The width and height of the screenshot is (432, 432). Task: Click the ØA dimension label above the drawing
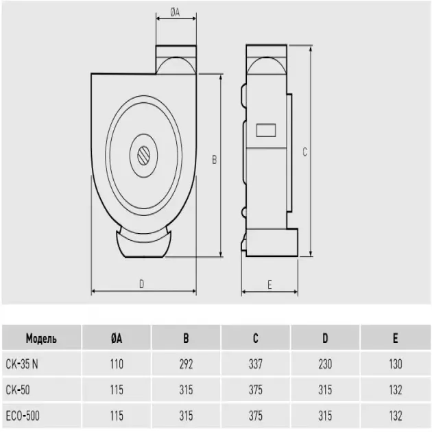(x=175, y=12)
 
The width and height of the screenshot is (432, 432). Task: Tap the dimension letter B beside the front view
(x=215, y=159)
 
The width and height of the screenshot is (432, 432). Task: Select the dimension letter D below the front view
(x=141, y=284)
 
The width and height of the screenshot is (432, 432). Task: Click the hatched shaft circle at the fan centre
(x=144, y=154)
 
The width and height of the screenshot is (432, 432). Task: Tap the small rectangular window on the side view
(x=265, y=129)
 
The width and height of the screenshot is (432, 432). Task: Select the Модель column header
(x=41, y=339)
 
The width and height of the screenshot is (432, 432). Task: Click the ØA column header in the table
(x=117, y=339)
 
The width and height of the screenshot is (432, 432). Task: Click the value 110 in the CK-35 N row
(x=117, y=364)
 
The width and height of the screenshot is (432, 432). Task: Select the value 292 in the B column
(x=186, y=364)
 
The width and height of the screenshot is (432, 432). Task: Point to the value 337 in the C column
(x=255, y=364)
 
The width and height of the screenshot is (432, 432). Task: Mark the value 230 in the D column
(x=325, y=364)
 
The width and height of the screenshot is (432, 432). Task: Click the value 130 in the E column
(x=395, y=364)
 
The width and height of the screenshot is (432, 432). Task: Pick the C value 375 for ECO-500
(x=255, y=416)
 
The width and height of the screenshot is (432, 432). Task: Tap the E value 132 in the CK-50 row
(x=395, y=390)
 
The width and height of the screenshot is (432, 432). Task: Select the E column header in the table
(x=395, y=339)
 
